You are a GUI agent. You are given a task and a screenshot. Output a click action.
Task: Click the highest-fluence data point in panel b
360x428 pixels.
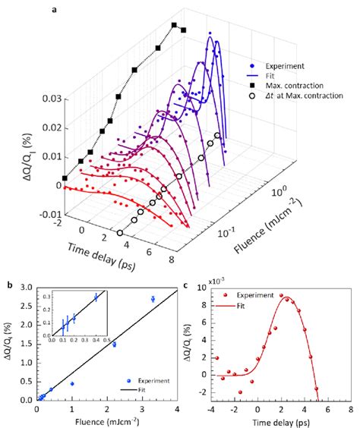point(153,299)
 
